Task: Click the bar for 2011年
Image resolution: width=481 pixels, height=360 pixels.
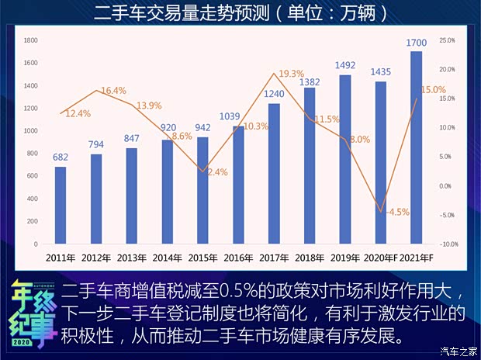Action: [61, 206]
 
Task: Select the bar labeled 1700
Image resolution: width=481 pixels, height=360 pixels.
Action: [417, 147]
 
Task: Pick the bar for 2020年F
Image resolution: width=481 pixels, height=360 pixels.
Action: [381, 163]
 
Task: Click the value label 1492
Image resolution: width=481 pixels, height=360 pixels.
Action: [345, 66]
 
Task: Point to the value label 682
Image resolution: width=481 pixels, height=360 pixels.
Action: [61, 157]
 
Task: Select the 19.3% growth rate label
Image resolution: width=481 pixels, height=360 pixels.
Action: [291, 74]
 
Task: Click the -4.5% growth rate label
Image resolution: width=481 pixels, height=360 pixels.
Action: [397, 212]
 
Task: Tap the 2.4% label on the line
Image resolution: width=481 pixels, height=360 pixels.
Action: [217, 172]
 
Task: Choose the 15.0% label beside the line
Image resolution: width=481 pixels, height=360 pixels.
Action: [434, 90]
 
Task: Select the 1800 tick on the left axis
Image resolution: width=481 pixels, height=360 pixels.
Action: [31, 40]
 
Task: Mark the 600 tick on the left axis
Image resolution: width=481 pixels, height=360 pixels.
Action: [33, 176]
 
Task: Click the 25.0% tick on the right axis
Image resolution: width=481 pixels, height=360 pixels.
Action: [448, 40]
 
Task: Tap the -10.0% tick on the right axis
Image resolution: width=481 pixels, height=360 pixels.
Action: [448, 244]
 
